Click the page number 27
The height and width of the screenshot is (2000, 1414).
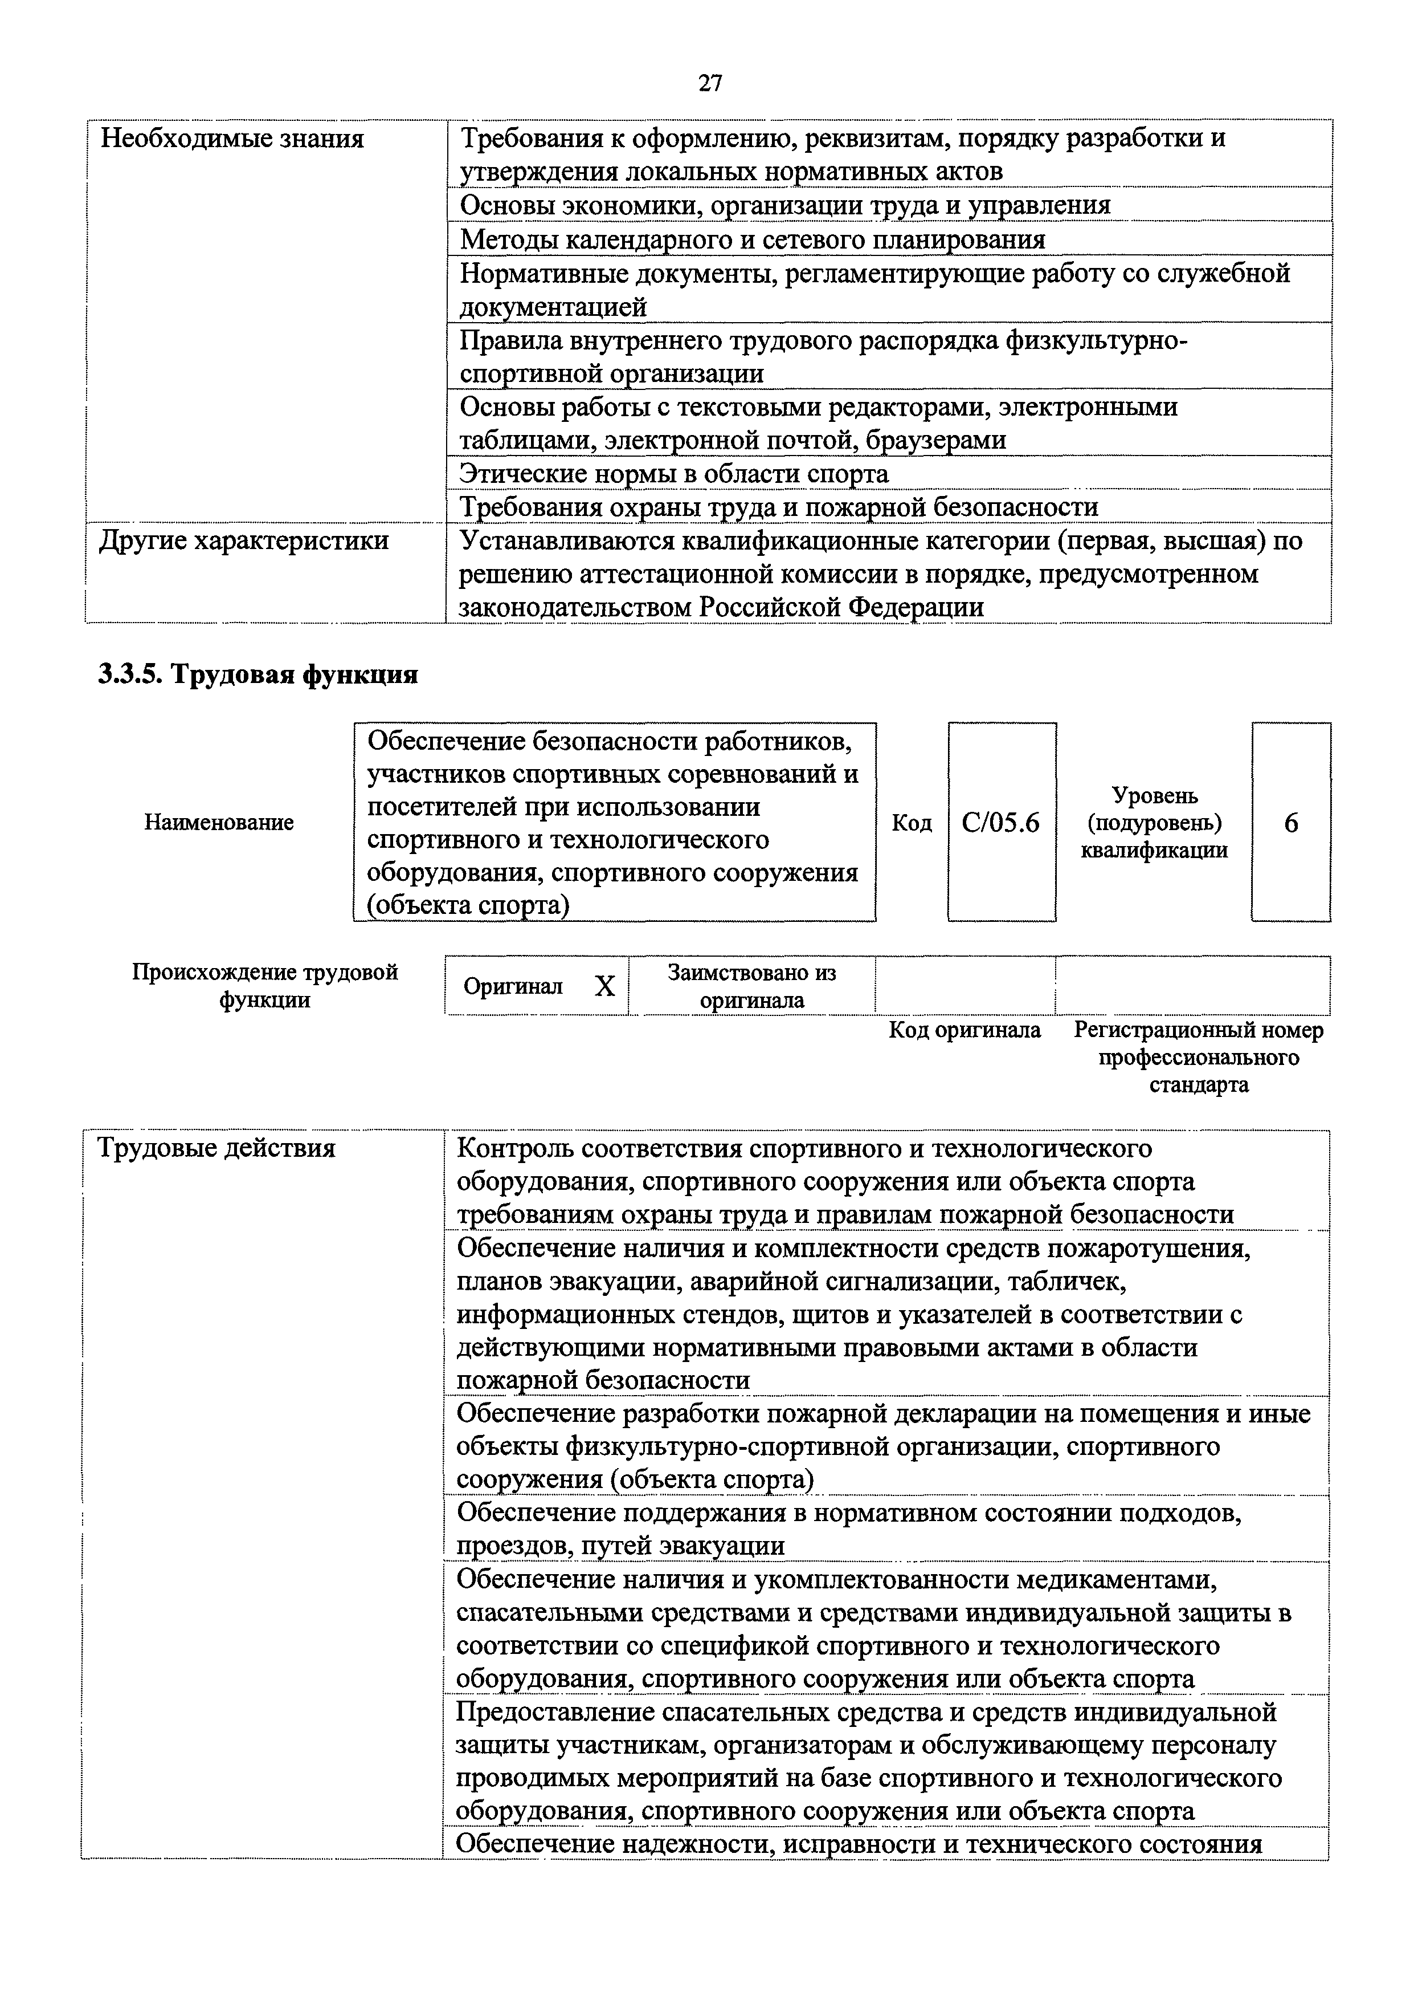(710, 84)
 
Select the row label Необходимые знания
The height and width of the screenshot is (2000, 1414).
(232, 139)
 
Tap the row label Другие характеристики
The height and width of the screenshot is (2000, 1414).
(244, 541)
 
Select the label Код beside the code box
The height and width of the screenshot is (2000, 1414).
(912, 822)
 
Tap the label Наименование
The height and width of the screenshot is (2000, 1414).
(219, 822)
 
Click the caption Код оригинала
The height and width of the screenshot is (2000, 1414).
(964, 1030)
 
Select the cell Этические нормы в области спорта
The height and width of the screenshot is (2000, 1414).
(674, 474)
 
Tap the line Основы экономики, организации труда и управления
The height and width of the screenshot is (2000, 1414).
(784, 206)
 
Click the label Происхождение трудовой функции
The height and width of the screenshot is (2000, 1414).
(265, 985)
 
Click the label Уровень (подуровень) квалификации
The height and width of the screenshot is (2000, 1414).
(1155, 822)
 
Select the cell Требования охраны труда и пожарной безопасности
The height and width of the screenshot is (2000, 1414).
(778, 507)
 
